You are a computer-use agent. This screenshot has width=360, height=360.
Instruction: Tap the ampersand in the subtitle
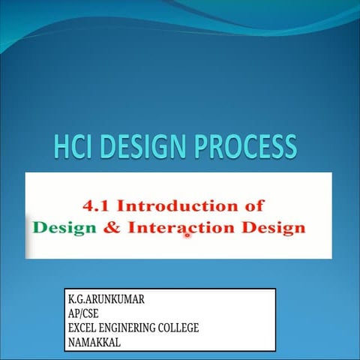tap(112, 226)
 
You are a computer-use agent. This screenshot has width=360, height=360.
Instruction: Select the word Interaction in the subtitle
tap(181, 226)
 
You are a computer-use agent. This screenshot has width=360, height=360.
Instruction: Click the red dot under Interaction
tap(187, 235)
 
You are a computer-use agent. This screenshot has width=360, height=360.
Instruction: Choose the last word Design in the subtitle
tap(274, 226)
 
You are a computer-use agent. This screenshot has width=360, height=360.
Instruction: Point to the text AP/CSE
tap(83, 313)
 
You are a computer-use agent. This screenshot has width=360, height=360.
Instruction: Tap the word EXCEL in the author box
tap(83, 328)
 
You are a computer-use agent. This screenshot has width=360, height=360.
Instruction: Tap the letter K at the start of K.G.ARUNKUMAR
tap(70, 299)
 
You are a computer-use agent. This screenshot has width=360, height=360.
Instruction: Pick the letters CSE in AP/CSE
tap(90, 313)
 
